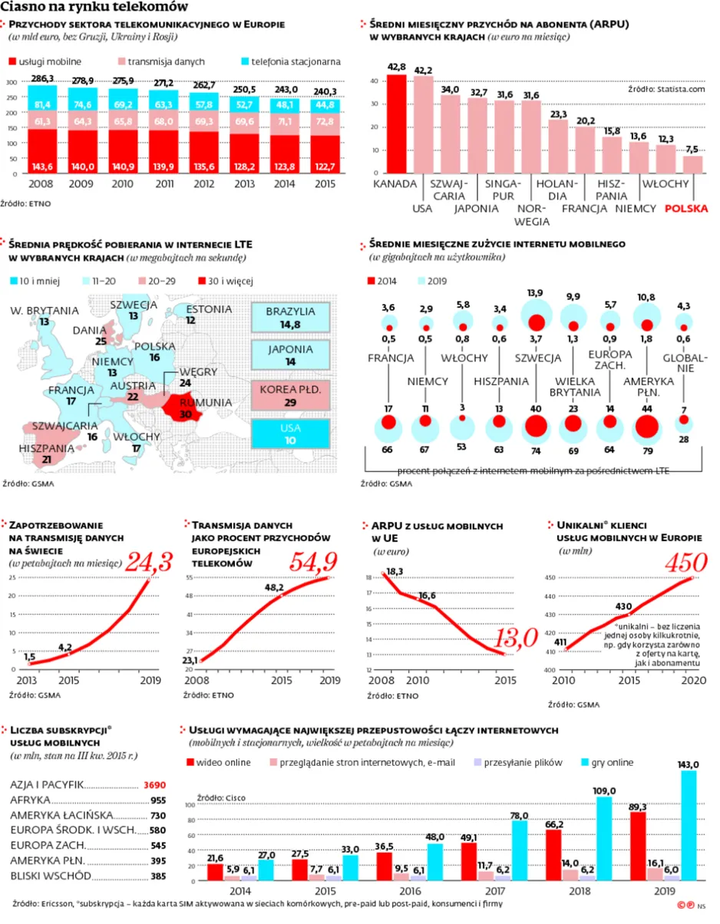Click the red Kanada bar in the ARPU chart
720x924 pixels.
click(x=396, y=124)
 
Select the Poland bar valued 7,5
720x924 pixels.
click(x=692, y=164)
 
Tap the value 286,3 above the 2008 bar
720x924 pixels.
click(x=42, y=79)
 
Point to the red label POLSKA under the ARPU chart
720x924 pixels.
click(x=686, y=208)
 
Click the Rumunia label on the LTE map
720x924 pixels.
click(x=206, y=402)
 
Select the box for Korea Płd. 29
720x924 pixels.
click(x=290, y=395)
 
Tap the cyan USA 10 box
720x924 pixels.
click(x=290, y=434)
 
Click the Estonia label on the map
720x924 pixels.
click(x=209, y=309)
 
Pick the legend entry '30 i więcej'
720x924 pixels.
click(x=226, y=281)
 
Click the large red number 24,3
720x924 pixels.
click(x=149, y=562)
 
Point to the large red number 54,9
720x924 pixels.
click(x=313, y=562)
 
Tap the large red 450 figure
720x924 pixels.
click(x=686, y=562)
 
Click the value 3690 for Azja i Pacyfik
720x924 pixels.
click(x=154, y=785)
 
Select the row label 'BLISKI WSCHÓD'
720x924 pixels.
click(x=51, y=876)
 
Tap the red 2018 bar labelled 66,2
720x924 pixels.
click(x=553, y=855)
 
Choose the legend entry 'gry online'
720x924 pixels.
click(x=607, y=762)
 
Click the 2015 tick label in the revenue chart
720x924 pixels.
click(x=325, y=183)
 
